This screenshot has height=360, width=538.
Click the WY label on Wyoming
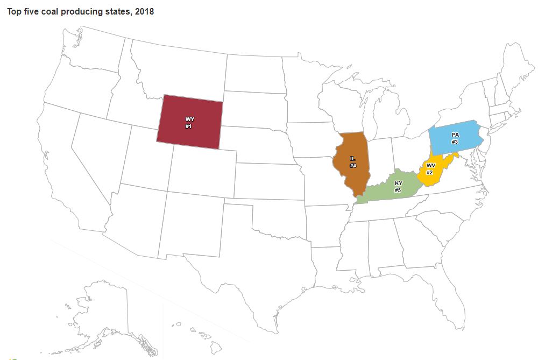189,119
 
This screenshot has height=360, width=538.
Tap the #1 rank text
189,126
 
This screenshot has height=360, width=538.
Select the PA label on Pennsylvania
455,135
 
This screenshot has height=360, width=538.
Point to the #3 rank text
455,142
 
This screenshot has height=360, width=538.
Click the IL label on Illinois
353,159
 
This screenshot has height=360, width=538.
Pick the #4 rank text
353,166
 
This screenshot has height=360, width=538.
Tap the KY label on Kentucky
398,183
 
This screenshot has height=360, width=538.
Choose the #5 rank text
398,190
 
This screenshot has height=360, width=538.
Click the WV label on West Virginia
430,165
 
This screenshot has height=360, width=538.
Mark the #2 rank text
430,172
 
